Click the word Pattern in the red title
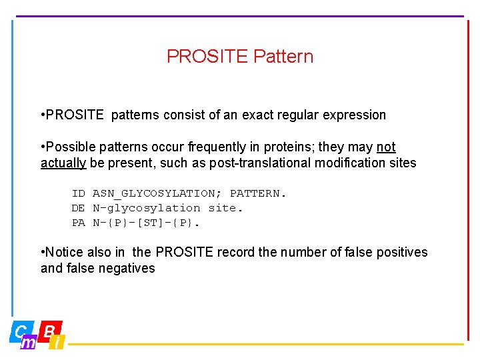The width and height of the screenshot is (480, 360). [x=283, y=57]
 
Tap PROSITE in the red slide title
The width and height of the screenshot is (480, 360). [x=207, y=57]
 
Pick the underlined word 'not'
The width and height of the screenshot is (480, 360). [x=386, y=147]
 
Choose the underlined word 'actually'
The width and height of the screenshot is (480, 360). [x=63, y=163]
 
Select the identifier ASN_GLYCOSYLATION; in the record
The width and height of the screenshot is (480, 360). [x=158, y=193]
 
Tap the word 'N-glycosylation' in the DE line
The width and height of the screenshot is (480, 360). [x=146, y=208]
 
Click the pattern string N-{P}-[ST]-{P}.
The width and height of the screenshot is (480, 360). [x=146, y=223]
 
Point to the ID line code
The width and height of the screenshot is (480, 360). [x=79, y=193]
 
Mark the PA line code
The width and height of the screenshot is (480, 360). [x=79, y=223]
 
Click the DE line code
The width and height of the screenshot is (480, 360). [x=79, y=208]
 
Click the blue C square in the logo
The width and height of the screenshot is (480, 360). [x=20, y=331]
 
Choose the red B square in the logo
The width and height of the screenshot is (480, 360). [x=49, y=330]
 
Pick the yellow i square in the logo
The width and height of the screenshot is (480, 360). [x=58, y=343]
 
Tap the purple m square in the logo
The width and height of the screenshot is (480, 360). [x=29, y=343]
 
